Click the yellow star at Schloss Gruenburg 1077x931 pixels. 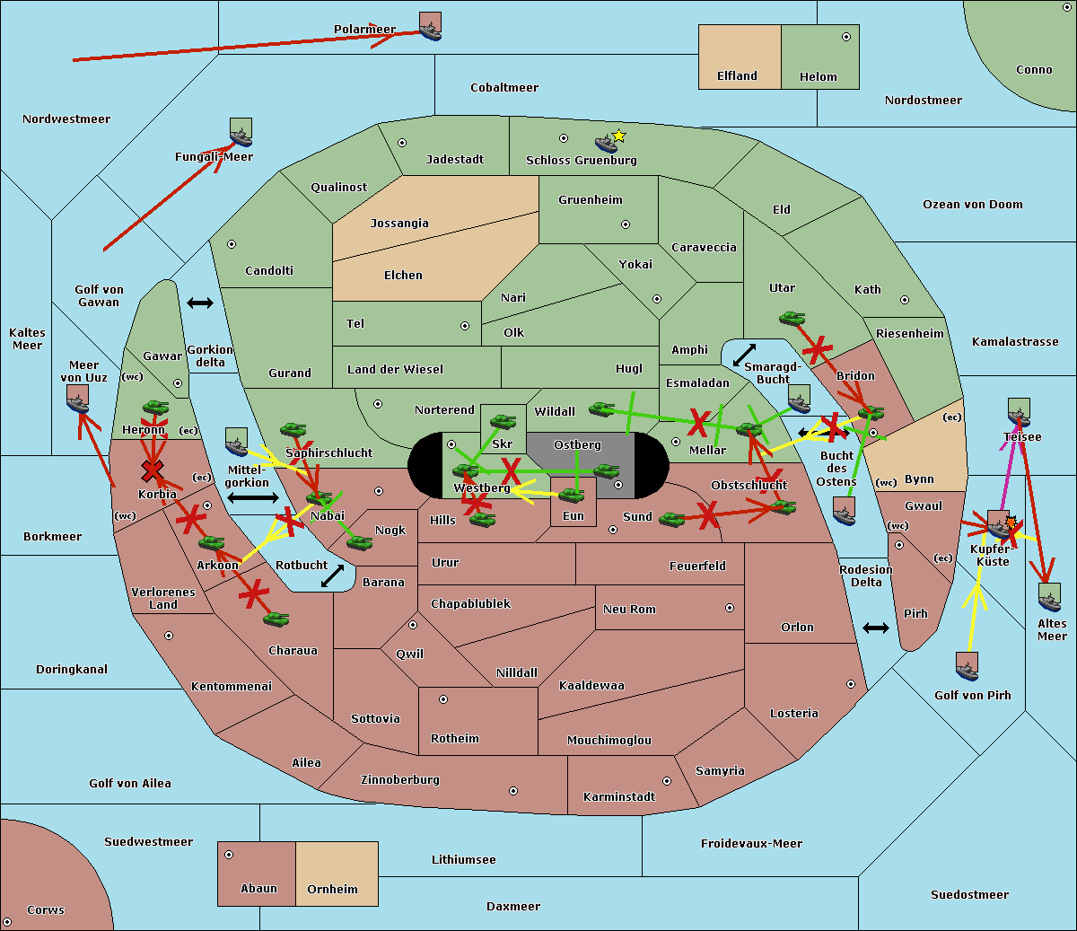click(618, 136)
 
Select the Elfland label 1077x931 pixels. click(737, 76)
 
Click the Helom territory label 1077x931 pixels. click(818, 77)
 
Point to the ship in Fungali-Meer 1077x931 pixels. click(241, 133)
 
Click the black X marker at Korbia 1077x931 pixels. click(153, 470)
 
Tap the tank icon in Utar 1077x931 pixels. click(792, 318)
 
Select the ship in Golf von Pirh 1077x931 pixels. click(967, 666)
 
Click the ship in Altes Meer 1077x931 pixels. click(1049, 597)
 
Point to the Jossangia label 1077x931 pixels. click(399, 224)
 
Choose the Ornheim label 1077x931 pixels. click(332, 890)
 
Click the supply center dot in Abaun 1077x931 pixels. click(229, 855)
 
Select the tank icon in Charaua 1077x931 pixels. click(276, 619)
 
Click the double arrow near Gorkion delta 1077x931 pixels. click(200, 303)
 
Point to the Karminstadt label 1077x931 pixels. click(619, 797)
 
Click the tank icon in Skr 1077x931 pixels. click(503, 420)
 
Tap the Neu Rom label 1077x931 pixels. click(629, 610)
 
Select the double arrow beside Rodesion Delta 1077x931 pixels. click(876, 628)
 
